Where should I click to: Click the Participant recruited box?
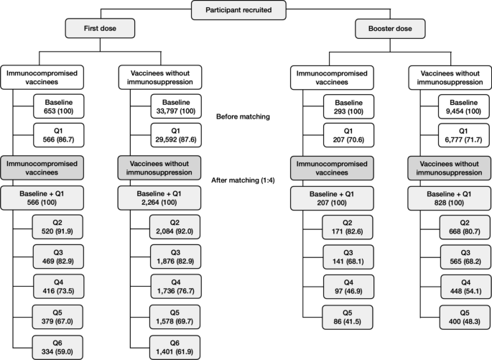point(240,9)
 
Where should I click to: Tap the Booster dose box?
point(389,28)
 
